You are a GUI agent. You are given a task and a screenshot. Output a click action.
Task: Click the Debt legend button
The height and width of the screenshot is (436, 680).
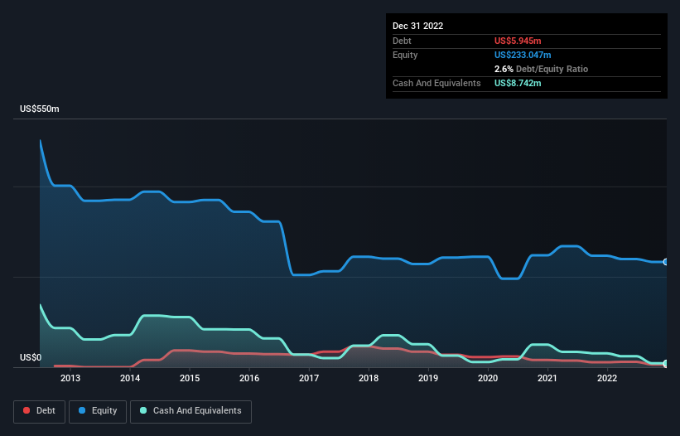[39, 410]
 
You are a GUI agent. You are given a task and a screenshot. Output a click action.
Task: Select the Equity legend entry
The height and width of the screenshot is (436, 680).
[98, 410]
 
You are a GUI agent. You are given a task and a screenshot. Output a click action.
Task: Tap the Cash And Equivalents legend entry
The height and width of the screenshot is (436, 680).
[190, 410]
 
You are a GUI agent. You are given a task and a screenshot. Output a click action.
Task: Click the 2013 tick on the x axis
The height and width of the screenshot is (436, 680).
[70, 379]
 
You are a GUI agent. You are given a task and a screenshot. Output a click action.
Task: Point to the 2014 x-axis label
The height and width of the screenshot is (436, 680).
[130, 379]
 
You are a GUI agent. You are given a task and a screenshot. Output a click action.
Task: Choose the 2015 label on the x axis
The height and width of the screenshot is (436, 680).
[190, 379]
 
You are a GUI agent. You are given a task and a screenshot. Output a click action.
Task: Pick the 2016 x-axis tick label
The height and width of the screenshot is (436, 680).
[249, 379]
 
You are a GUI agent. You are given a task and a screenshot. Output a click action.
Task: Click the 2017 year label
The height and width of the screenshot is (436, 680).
[309, 379]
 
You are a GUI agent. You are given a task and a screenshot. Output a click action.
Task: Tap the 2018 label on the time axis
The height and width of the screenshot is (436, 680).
[369, 379]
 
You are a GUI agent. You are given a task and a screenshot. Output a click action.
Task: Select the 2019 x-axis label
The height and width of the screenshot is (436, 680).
[428, 379]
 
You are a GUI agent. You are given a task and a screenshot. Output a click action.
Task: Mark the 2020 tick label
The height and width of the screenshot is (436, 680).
[488, 379]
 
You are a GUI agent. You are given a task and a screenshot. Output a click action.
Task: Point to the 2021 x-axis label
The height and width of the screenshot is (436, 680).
[547, 379]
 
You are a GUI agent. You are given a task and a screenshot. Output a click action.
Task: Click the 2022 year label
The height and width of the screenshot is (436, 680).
[607, 379]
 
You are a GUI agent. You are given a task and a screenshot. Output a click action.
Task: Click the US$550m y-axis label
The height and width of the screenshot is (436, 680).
[40, 109]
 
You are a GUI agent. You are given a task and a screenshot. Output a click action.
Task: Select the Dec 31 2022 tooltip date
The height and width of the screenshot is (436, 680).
[418, 26]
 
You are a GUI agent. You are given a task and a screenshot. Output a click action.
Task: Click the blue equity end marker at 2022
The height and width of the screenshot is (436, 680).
[665, 262]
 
